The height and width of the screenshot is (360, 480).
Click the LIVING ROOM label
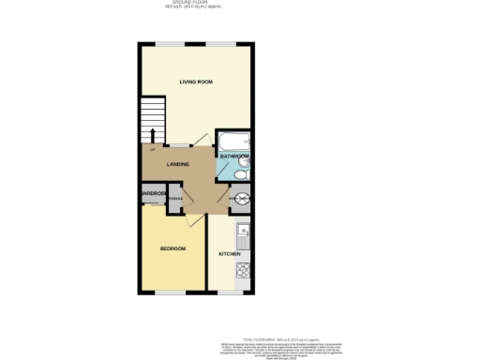point(197,82)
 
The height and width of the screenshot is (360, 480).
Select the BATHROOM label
point(233,156)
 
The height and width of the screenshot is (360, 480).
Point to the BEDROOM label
point(172,248)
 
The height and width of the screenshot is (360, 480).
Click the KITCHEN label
point(230,255)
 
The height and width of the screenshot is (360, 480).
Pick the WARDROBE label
point(153,194)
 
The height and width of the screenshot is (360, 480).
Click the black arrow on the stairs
point(153,133)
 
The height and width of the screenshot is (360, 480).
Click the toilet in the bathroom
point(240,172)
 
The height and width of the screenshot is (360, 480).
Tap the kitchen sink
point(242,231)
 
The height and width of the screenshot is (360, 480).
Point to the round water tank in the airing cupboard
point(241,198)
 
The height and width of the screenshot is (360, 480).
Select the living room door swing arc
point(200,141)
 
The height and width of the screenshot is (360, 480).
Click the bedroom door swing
point(190,219)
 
